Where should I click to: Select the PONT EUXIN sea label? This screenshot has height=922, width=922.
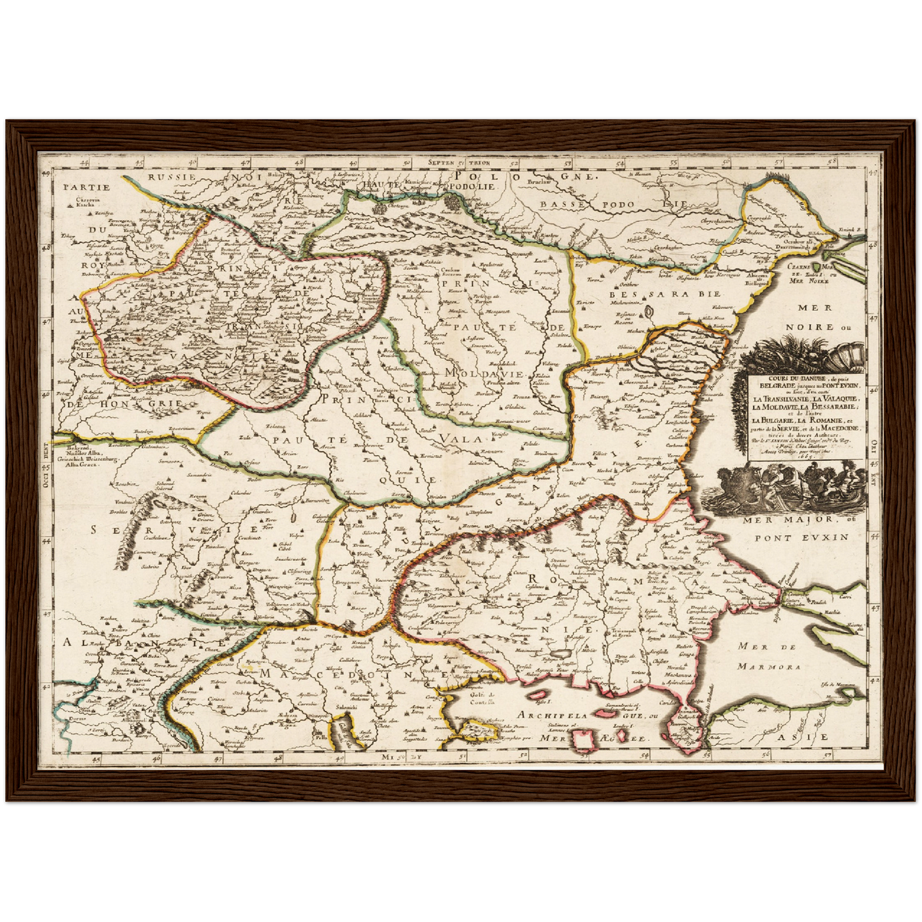[802, 537]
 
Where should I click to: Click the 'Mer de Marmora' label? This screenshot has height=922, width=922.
[766, 657]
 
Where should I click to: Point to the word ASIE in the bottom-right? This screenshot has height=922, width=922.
[815, 737]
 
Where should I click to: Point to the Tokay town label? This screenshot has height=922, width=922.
[66, 236]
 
